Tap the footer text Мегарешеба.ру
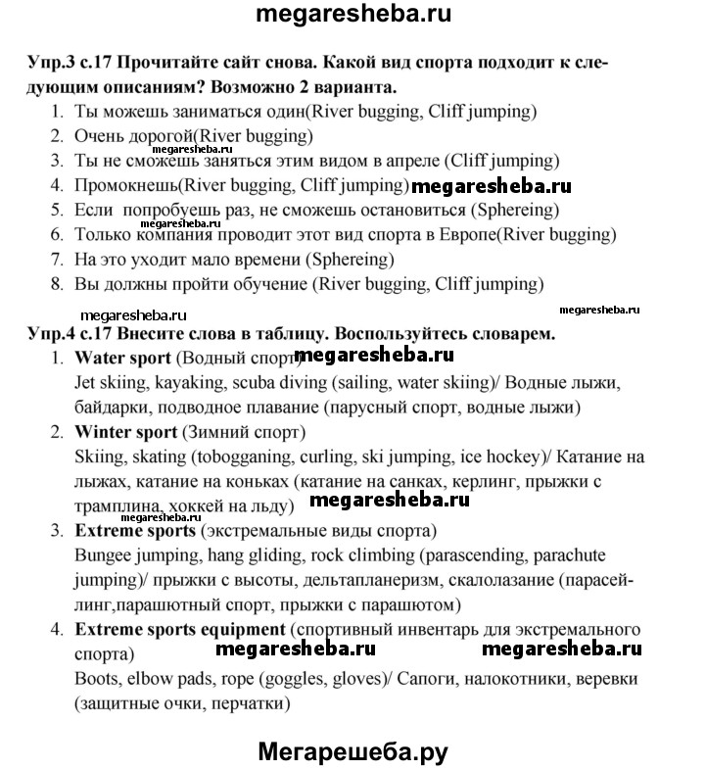pos(352,752)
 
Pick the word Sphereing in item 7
pos(350,260)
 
